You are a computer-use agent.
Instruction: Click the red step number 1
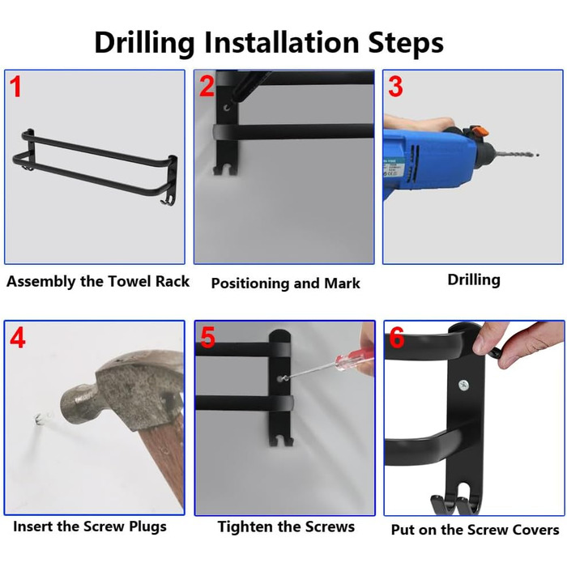15,87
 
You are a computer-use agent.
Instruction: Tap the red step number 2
207,86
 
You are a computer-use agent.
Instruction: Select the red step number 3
395,87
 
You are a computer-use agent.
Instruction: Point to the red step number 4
18,338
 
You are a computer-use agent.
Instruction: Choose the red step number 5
207,337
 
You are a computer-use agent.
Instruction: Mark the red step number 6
396,338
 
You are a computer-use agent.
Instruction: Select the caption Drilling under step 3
474,280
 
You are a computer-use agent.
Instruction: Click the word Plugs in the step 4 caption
147,526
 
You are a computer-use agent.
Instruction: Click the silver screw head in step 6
463,385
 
